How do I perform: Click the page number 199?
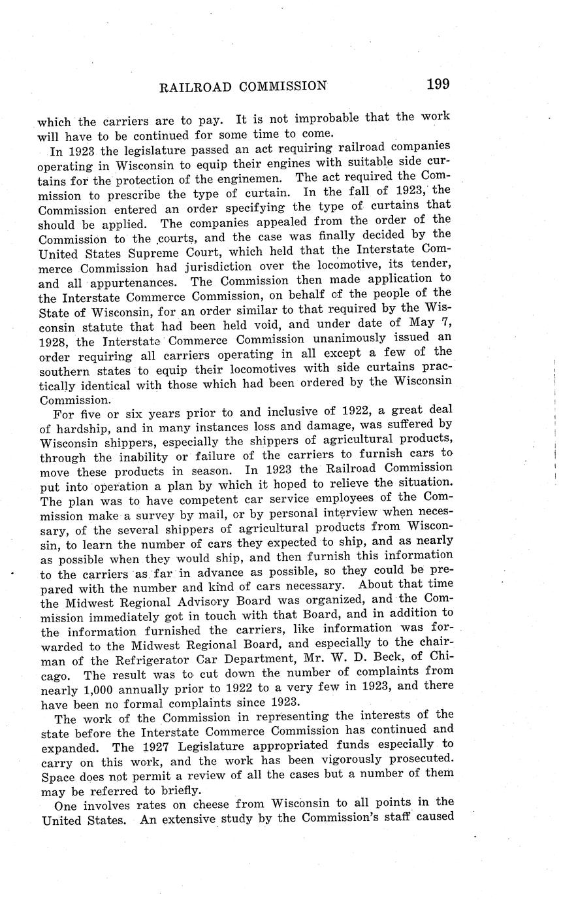437,84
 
